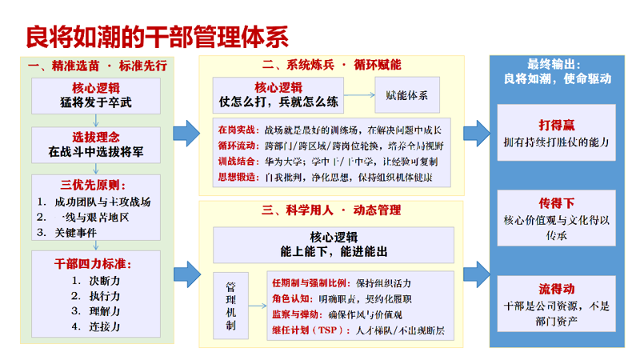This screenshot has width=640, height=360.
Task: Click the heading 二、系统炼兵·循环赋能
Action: pyautogui.click(x=331, y=65)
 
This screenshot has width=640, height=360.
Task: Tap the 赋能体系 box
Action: pyautogui.click(x=406, y=95)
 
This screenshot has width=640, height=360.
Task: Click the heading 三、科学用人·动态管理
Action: pyautogui.click(x=331, y=210)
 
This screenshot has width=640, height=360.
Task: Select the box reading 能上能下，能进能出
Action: pyautogui.click(x=333, y=243)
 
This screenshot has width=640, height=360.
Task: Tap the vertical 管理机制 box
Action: pyautogui.click(x=231, y=305)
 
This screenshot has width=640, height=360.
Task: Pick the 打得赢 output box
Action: pyautogui.click(x=557, y=133)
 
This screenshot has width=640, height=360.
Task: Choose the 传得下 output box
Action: pyautogui.click(x=557, y=218)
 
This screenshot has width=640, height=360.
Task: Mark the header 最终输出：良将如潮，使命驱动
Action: pyautogui.click(x=557, y=71)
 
